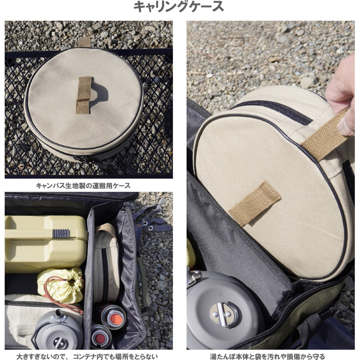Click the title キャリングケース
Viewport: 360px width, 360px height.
179,6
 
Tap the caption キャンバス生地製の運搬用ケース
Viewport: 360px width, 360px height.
83,185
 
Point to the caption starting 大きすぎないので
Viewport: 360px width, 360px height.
87,356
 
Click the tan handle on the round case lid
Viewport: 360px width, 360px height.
84,95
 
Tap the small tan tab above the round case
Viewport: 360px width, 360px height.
85,42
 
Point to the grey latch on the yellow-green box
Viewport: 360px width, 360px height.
61,233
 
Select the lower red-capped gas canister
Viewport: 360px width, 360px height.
100,337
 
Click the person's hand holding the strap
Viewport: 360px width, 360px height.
341,95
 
